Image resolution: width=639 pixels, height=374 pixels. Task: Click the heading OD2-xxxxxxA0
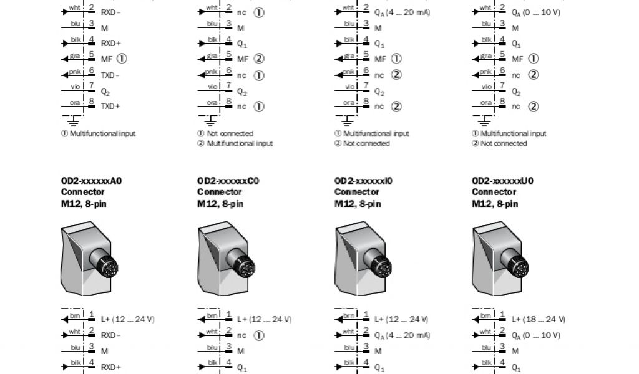92,181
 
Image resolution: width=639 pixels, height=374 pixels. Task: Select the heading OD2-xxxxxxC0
228,181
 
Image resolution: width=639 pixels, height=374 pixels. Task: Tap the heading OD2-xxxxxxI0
364,181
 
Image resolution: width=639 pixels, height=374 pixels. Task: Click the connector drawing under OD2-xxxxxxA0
92,260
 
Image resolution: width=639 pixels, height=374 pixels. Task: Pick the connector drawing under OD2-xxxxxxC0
229,260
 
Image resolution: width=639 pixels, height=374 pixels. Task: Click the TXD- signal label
110,75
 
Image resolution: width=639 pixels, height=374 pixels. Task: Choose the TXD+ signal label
110,106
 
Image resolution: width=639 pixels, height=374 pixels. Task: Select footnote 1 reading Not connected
230,133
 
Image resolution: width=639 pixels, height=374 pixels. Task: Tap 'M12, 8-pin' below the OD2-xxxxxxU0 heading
494,204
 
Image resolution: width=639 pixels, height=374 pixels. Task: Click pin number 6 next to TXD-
91,71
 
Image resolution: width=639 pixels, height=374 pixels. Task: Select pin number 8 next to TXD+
91,102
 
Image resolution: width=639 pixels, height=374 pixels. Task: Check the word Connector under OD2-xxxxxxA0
83,193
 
